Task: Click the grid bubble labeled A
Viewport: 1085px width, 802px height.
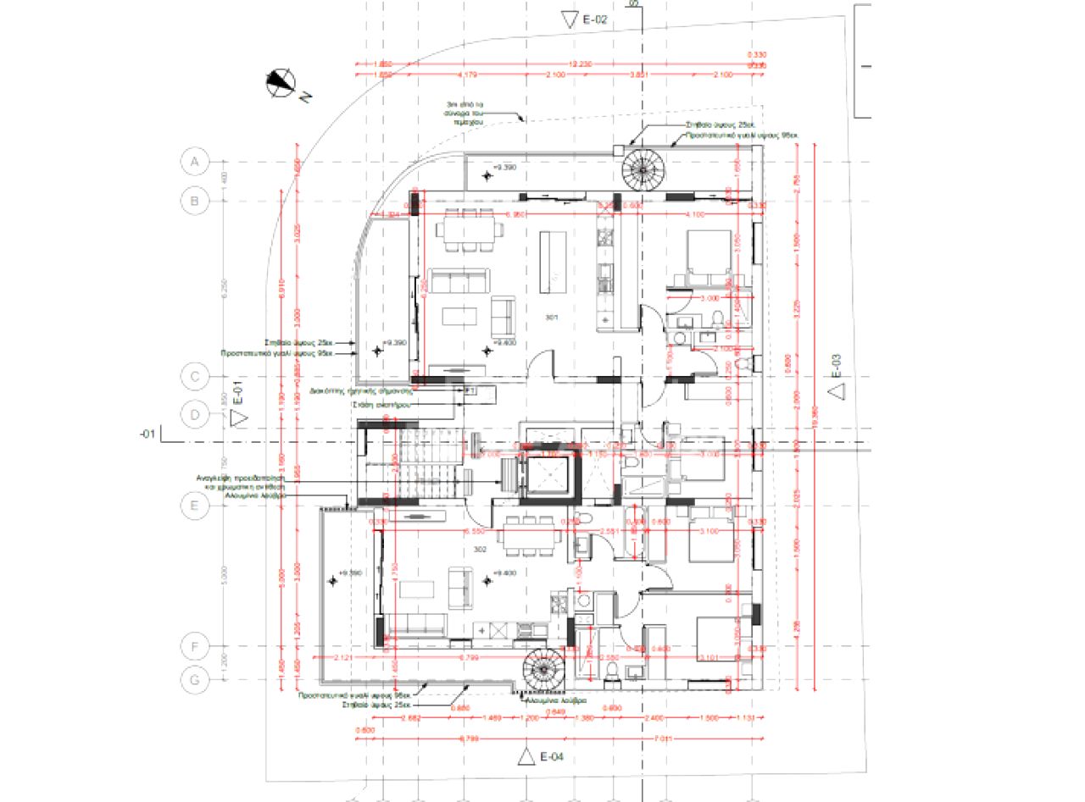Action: [195, 161]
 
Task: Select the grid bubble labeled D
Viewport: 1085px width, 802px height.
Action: [195, 415]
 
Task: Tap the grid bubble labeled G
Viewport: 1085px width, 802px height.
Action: [195, 679]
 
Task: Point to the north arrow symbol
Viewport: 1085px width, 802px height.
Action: [281, 82]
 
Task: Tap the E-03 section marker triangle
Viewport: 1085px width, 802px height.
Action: [837, 390]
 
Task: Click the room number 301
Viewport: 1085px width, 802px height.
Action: [552, 318]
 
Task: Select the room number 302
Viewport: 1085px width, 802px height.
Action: [480, 550]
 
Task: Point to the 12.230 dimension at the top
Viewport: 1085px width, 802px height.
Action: [580, 64]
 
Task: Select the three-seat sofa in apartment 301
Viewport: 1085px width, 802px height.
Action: [458, 280]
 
